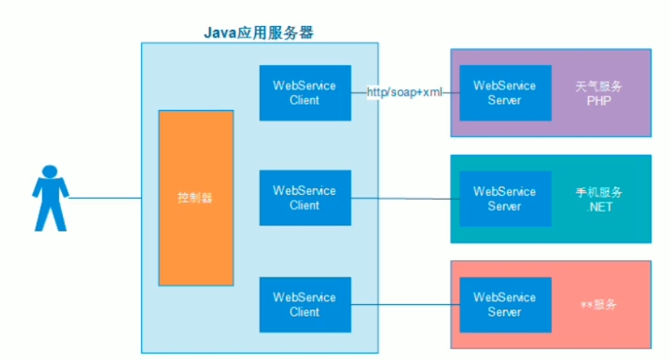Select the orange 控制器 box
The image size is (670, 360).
click(196, 198)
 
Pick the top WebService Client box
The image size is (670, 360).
click(304, 92)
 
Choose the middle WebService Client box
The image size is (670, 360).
click(304, 198)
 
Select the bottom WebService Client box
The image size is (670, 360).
click(304, 304)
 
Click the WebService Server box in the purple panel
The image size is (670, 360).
click(504, 92)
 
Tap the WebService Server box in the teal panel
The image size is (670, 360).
click(504, 198)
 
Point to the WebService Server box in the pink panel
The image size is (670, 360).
click(504, 304)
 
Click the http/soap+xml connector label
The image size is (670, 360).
click(404, 92)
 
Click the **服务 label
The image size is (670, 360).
click(598, 304)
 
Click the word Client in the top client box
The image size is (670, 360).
click(304, 100)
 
